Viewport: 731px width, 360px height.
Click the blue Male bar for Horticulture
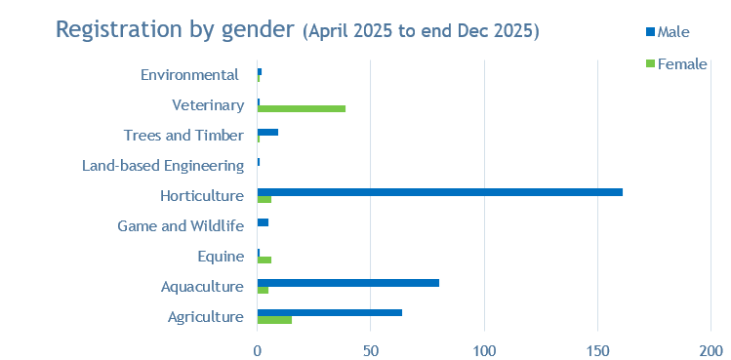coord(439,192)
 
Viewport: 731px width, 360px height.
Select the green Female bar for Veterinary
coord(301,108)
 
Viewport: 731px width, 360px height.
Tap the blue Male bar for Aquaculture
coord(347,283)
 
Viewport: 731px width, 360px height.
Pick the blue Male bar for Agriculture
coord(329,312)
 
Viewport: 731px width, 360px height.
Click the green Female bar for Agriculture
coord(274,320)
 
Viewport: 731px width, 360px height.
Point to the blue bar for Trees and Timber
coord(267,132)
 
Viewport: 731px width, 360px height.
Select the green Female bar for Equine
coord(264,260)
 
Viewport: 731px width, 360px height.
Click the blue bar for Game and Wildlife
coord(263,222)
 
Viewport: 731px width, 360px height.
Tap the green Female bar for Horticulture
coord(264,199)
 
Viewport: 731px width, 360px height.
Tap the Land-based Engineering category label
coord(162,166)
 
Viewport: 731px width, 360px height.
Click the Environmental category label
coord(189,75)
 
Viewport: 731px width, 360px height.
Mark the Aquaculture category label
coord(202,287)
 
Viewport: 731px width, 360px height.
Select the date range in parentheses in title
coord(421,30)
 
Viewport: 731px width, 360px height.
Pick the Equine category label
coord(220,257)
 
